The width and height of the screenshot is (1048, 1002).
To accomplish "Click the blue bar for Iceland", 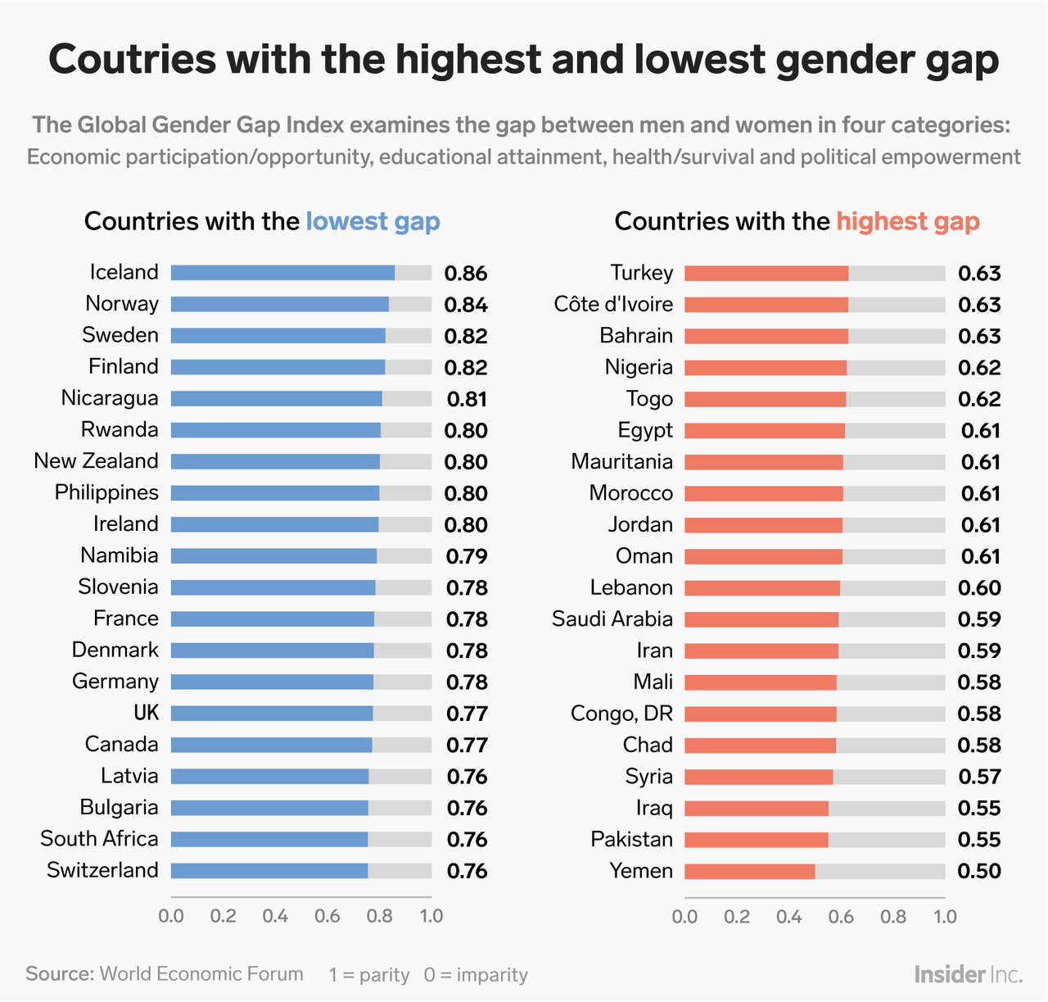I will (x=282, y=273).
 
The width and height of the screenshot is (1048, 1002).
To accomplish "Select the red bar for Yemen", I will (x=749, y=871).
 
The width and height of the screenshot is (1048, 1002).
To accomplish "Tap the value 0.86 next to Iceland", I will (x=466, y=274).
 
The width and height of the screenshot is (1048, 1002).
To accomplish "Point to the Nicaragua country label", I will (x=110, y=398).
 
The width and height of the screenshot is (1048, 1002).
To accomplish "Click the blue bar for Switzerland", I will (x=269, y=871).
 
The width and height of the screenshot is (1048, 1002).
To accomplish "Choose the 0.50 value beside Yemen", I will (x=979, y=871).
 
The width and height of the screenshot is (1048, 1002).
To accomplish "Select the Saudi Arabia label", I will (x=612, y=619).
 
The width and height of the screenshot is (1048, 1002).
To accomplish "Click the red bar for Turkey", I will (x=766, y=273).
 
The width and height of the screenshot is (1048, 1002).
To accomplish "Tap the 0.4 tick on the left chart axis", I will (x=275, y=915).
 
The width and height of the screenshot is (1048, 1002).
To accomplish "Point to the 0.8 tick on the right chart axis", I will (x=893, y=915).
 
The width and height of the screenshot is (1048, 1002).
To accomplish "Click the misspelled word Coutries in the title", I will (x=129, y=60).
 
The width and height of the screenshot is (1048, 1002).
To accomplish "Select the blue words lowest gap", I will (x=373, y=221).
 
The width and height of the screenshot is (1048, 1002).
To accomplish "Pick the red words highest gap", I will (x=907, y=221).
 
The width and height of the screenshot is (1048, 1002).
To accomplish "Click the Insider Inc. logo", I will (x=968, y=974).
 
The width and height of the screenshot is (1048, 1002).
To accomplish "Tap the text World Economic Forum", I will (x=201, y=973).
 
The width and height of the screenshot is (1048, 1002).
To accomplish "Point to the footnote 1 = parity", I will (x=368, y=974).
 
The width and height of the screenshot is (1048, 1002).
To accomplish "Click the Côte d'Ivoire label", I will (x=613, y=304).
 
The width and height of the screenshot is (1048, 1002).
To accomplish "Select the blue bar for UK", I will (x=272, y=714).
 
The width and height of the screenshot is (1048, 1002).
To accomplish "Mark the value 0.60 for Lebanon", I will (x=979, y=587).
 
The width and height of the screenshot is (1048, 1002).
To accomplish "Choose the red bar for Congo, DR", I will (x=761, y=714).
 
